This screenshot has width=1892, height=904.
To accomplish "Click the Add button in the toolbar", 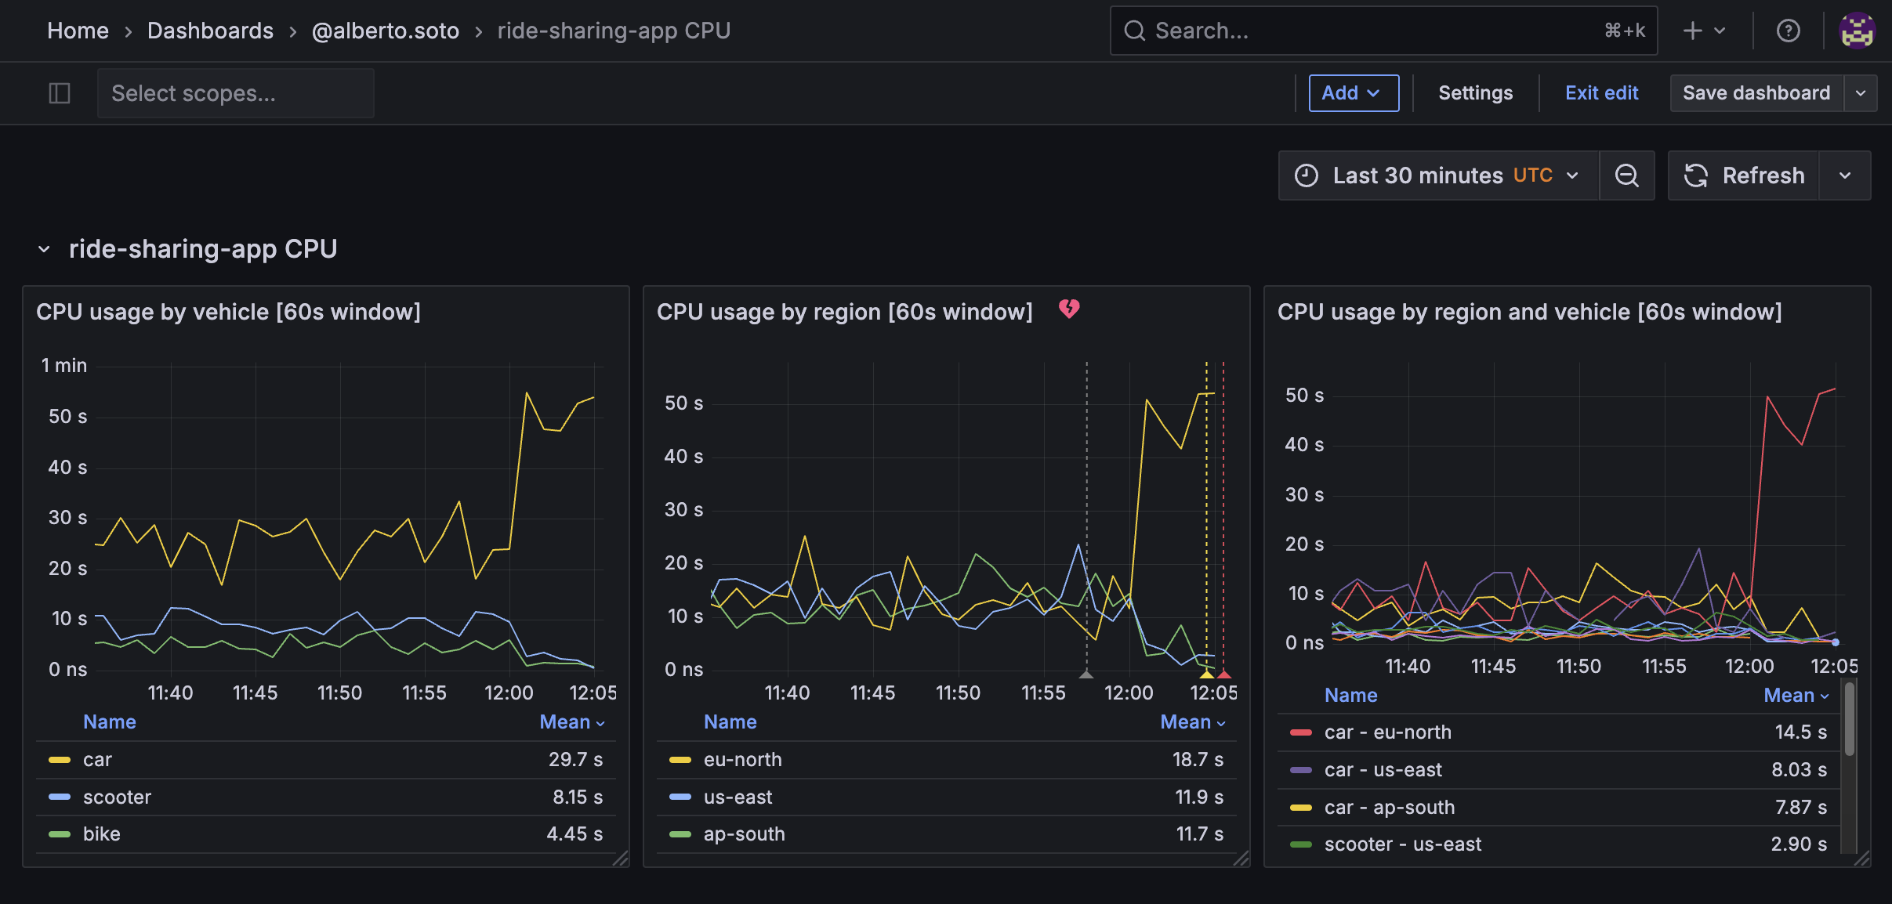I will pyautogui.click(x=1353, y=93).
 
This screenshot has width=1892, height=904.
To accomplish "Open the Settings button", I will pyautogui.click(x=1475, y=93).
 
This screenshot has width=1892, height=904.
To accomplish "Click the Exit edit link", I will pyautogui.click(x=1601, y=93).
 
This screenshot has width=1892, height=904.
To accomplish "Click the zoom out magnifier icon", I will pyautogui.click(x=1627, y=175).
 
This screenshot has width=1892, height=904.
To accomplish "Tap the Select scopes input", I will pyautogui.click(x=235, y=93).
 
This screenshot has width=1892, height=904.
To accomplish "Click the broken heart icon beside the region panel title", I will pyautogui.click(x=1069, y=309).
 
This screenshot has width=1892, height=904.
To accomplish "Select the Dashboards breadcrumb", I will pyautogui.click(x=210, y=31).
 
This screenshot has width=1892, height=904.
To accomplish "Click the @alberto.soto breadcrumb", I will pyautogui.click(x=385, y=31).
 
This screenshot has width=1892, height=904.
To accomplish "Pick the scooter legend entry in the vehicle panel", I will pyautogui.click(x=117, y=797).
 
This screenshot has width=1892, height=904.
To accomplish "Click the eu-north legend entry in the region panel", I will pyautogui.click(x=742, y=759).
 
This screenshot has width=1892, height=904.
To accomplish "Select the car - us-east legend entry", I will pyautogui.click(x=1383, y=769).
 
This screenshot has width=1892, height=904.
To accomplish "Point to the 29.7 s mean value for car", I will pyautogui.click(x=575, y=759).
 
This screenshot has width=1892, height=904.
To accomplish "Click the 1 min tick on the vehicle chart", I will pyautogui.click(x=64, y=365).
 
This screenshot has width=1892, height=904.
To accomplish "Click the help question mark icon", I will pyautogui.click(x=1788, y=31).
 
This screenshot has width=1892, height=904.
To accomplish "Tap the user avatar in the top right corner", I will pyautogui.click(x=1857, y=31).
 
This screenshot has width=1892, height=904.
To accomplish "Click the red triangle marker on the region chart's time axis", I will pyautogui.click(x=1224, y=674).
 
